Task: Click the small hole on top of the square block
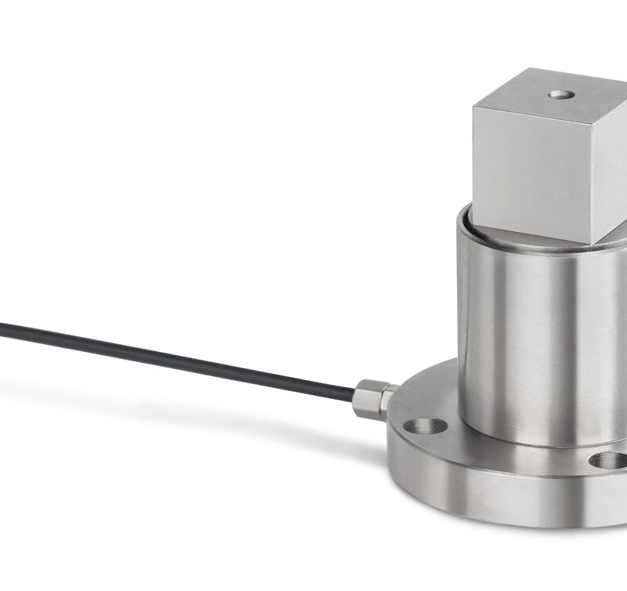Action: pyautogui.click(x=561, y=94)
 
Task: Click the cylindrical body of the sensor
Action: pyautogui.click(x=533, y=337)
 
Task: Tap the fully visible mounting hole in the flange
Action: pyautogui.click(x=426, y=426)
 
